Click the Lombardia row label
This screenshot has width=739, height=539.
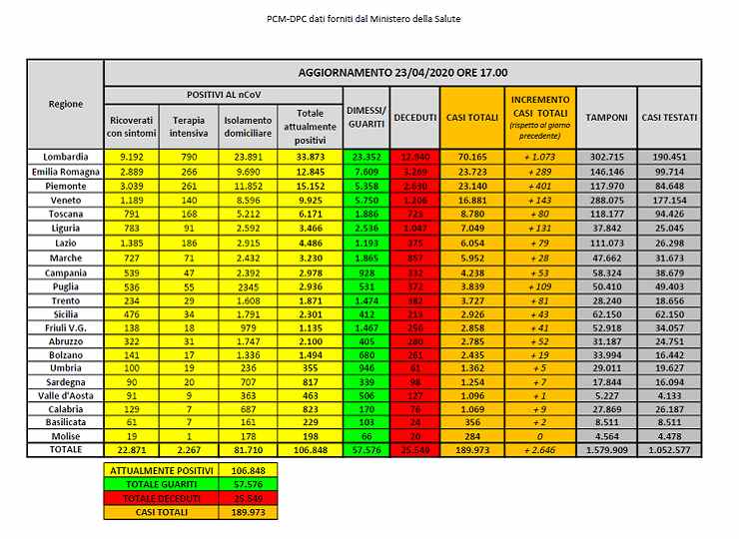point(66,157)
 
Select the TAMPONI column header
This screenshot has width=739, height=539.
point(606,118)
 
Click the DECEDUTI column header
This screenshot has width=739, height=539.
point(415,118)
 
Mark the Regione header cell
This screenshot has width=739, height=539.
point(66,104)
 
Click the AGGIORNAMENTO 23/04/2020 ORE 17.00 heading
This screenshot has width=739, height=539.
point(402,73)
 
